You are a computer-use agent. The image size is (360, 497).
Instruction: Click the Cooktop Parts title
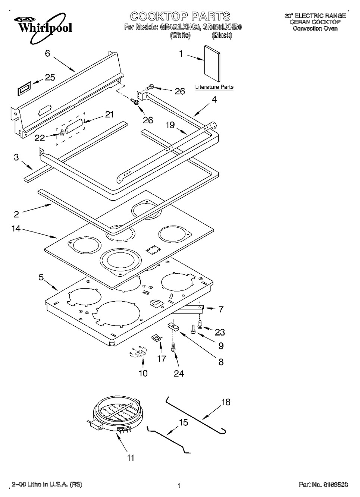click(x=180, y=16)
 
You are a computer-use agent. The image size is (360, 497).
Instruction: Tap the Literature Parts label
click(x=214, y=87)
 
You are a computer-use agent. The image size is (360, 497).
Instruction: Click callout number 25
click(x=50, y=78)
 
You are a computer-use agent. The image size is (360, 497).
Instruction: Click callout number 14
click(x=16, y=229)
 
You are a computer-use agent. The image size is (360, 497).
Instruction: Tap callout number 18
click(x=226, y=402)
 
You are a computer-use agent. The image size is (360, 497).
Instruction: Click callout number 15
click(x=183, y=423)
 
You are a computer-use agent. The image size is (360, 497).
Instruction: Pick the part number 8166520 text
click(x=323, y=485)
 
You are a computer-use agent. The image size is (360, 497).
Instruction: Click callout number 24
click(x=179, y=373)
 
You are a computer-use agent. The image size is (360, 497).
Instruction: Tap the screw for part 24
click(x=173, y=347)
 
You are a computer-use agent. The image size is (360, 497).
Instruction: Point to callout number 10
click(x=143, y=373)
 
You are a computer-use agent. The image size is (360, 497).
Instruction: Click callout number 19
click(x=170, y=125)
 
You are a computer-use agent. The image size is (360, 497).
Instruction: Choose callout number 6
click(x=47, y=53)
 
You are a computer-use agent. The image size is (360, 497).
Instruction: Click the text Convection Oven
click(x=315, y=28)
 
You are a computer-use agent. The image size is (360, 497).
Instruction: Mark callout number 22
click(x=40, y=138)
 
